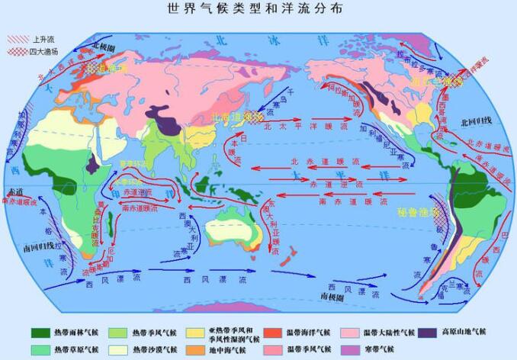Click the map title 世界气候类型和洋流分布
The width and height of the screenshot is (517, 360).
tap(258, 8)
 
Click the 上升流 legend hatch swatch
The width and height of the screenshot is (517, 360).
tap(18, 38)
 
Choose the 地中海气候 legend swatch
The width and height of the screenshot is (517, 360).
tap(197, 349)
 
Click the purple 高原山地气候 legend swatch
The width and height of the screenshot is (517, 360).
tap(428, 333)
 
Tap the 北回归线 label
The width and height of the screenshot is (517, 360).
tap(476, 121)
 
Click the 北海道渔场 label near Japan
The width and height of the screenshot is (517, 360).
tap(236, 116)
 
